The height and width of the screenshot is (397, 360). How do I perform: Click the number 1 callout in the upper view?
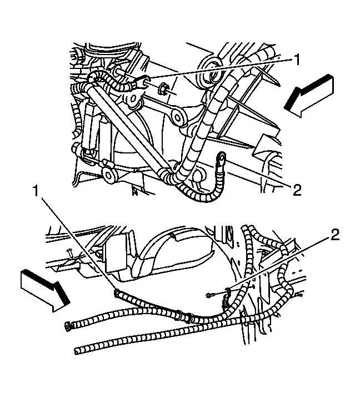(x=296, y=60)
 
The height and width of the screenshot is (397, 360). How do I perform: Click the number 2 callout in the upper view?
(x=297, y=190)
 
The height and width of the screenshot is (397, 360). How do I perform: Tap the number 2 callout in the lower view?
(x=334, y=235)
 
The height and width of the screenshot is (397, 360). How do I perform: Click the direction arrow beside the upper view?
(x=309, y=96)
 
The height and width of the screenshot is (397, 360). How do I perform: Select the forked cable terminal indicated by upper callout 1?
(x=141, y=83)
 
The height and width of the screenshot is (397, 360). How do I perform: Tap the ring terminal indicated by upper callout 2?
(x=221, y=158)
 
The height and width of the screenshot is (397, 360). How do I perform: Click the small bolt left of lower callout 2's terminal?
(x=211, y=295)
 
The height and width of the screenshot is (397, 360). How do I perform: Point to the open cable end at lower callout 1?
(x=117, y=293)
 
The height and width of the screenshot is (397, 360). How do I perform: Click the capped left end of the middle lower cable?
(x=68, y=325)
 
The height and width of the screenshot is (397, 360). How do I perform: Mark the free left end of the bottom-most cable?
(x=77, y=351)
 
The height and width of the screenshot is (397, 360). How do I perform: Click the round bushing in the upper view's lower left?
(x=109, y=175)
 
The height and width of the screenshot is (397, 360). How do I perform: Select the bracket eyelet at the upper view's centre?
(x=178, y=117)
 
